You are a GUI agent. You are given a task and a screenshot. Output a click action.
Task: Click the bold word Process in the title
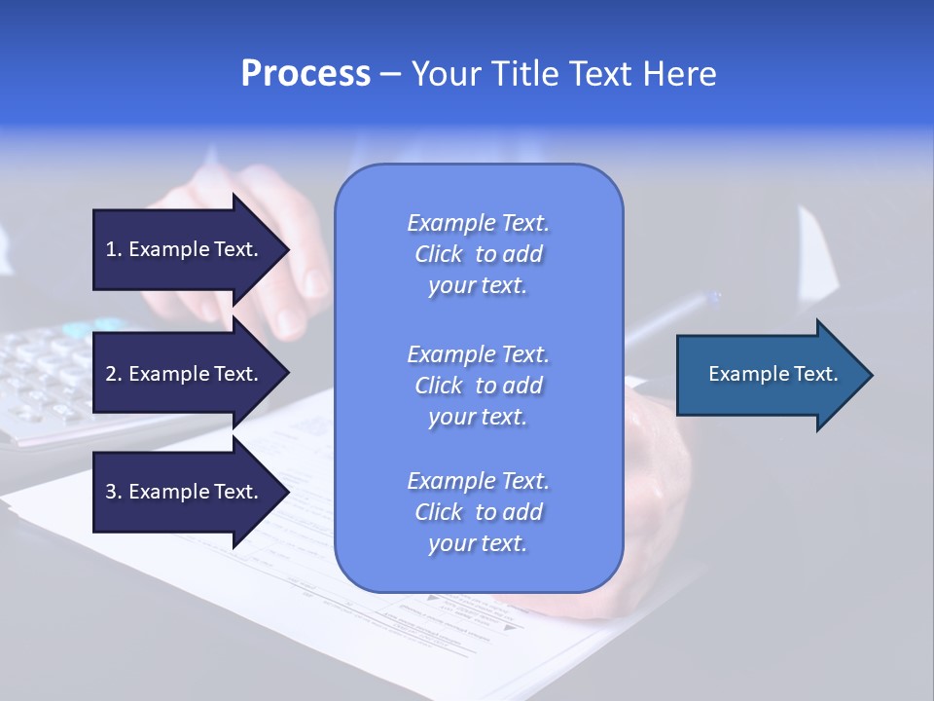pyautogui.click(x=305, y=74)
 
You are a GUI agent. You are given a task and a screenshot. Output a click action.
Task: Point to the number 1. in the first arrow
pyautogui.click(x=114, y=249)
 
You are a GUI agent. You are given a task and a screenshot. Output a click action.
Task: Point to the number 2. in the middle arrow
pyautogui.click(x=114, y=374)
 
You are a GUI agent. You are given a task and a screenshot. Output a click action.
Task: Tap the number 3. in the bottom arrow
pyautogui.click(x=114, y=492)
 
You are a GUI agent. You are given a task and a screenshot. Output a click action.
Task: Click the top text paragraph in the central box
pyautogui.click(x=478, y=254)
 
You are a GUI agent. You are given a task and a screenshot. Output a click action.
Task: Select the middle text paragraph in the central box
pyautogui.click(x=478, y=386)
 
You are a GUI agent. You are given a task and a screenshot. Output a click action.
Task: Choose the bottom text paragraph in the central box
pyautogui.click(x=478, y=512)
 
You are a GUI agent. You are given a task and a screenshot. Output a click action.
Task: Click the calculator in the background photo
pyautogui.click(x=49, y=380)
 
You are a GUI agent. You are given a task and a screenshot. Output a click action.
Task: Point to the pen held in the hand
pyautogui.click(x=671, y=316)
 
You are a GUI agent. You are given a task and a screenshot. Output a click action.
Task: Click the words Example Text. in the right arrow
pyautogui.click(x=773, y=374)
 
